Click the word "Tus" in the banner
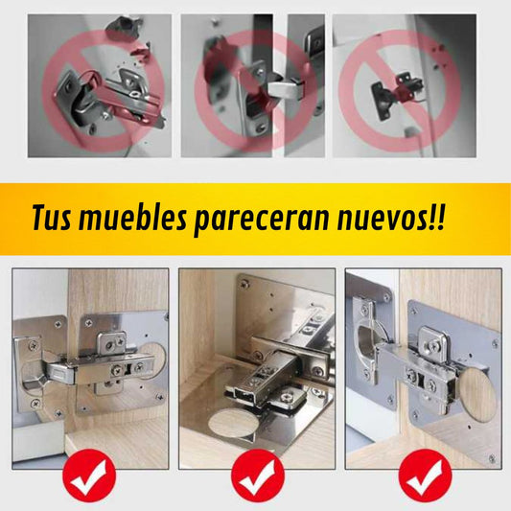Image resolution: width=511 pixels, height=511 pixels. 52,218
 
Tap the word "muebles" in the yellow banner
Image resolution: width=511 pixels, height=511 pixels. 132,218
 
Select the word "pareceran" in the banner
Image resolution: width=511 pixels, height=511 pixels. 262,220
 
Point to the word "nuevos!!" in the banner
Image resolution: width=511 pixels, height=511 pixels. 391,218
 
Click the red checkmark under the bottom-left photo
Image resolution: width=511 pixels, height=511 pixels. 89,476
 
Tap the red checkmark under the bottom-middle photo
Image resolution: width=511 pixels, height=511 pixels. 258,476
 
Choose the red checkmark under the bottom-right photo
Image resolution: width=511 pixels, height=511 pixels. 425,476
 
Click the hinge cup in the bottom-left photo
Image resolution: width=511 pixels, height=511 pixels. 33,373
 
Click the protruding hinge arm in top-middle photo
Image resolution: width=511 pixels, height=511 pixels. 286,89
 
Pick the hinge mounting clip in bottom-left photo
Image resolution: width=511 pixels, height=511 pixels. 111,344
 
